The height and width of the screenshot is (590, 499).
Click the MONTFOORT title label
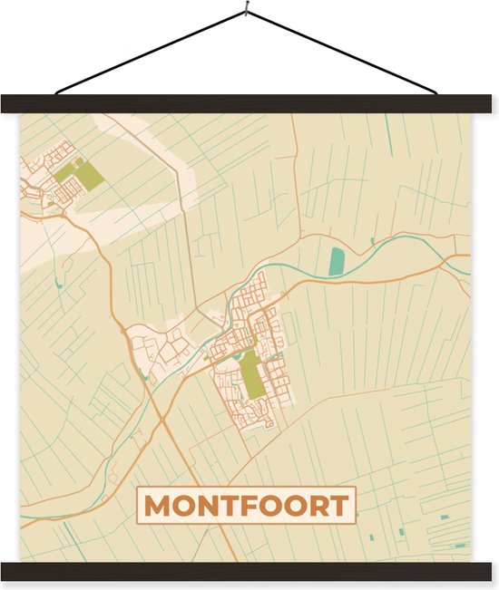click(x=246, y=506)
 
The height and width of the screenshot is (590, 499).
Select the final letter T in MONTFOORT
click(x=338, y=506)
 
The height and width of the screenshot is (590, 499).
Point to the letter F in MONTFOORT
click(x=244, y=506)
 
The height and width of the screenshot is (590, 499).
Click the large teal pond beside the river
click(x=337, y=261)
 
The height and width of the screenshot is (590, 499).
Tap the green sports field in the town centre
click(x=251, y=373)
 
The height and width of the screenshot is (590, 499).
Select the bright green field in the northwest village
click(x=89, y=173)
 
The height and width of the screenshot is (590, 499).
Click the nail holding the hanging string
click(x=246, y=12)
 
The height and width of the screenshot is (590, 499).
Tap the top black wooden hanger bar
click(x=249, y=104)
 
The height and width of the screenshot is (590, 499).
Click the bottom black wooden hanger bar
click(x=249, y=571)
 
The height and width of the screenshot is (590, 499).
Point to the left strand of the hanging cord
click(x=150, y=52)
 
